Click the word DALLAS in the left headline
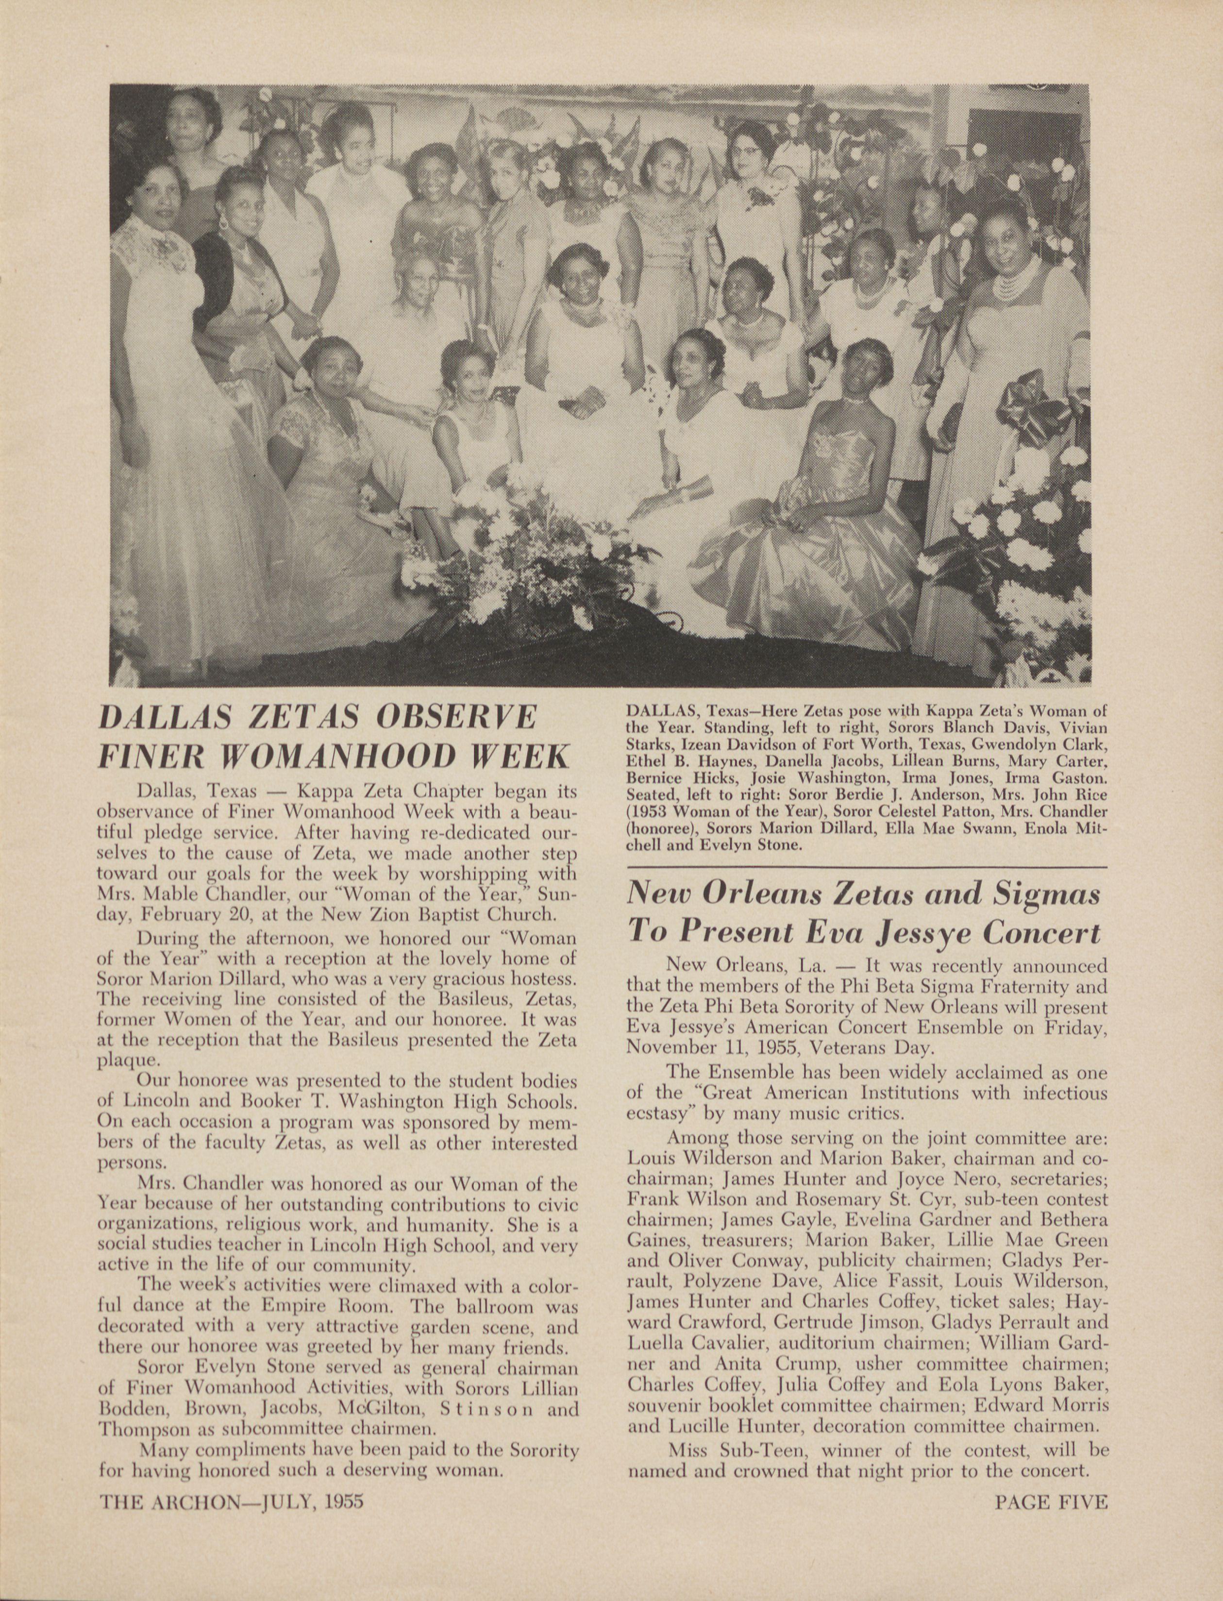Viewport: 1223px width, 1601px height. tap(162, 717)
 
